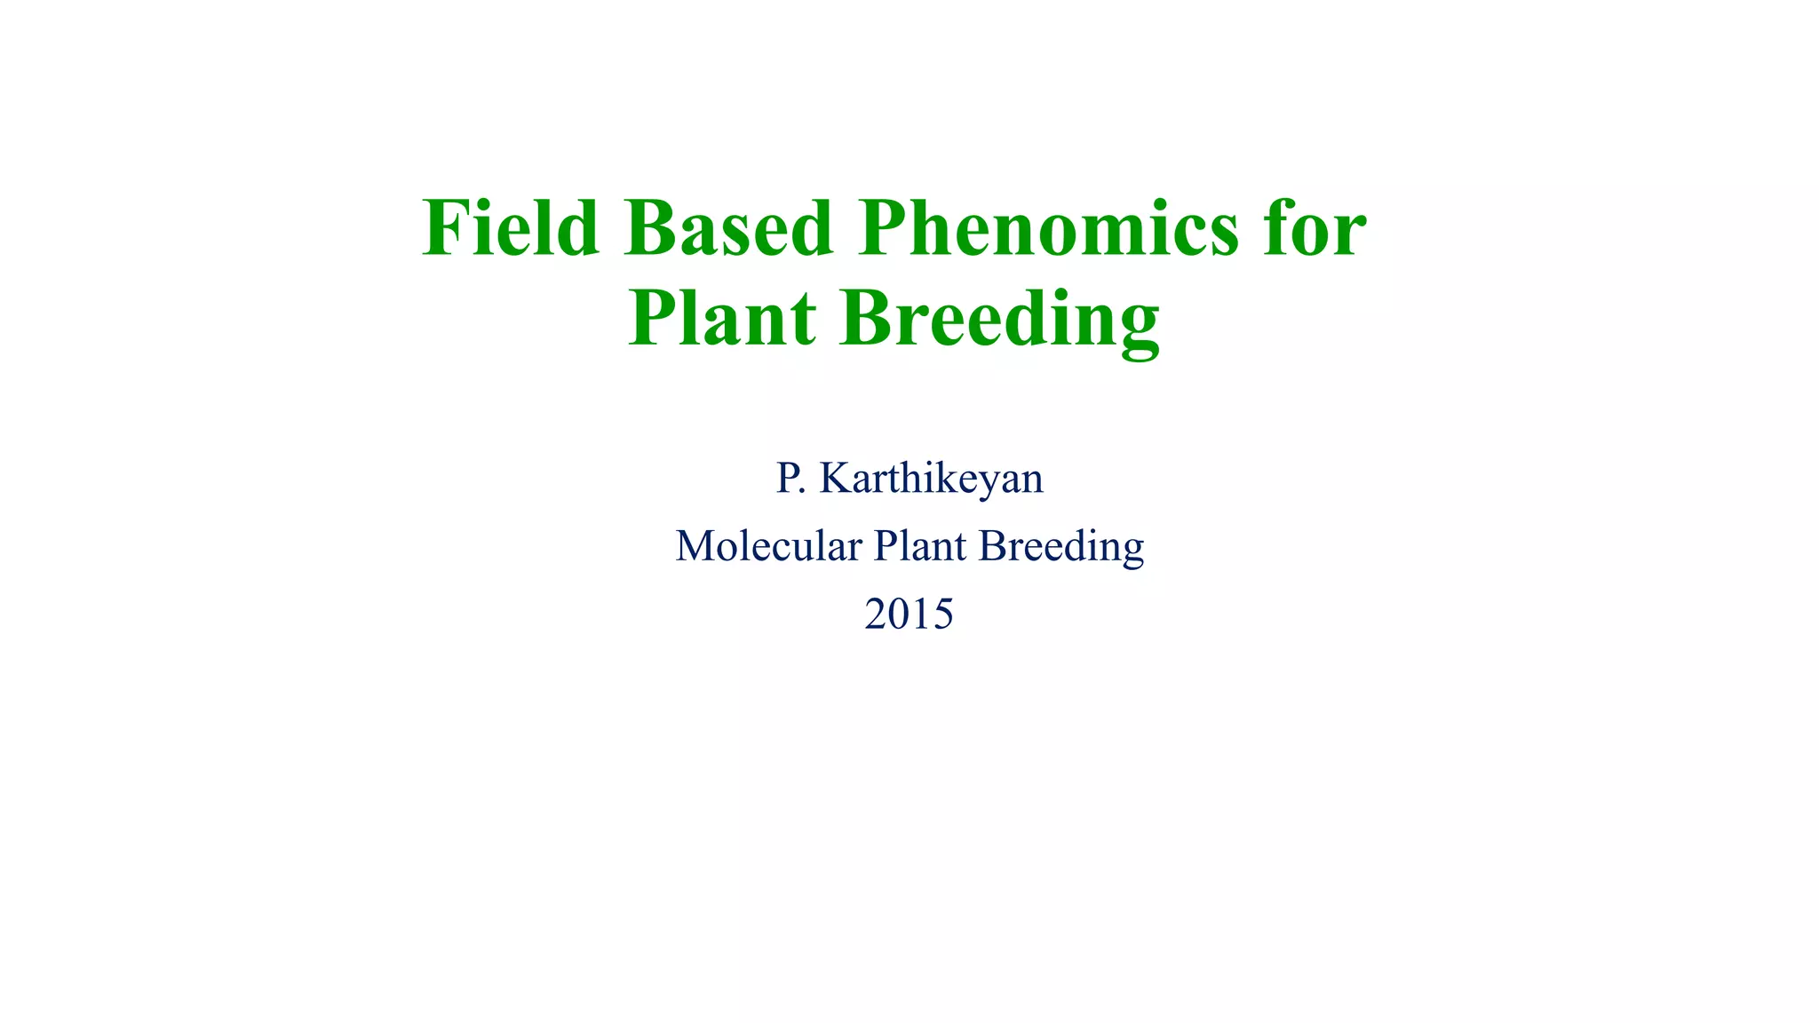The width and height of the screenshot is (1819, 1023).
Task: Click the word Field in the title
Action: click(510, 229)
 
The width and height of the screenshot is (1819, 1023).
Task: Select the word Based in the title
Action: click(728, 229)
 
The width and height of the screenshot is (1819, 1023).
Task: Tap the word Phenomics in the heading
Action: click(1048, 229)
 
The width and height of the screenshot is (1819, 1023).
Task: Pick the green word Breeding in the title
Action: click(1000, 320)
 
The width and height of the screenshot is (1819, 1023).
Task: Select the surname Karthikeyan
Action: click(931, 479)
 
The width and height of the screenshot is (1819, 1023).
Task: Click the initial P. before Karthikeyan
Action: click(790, 479)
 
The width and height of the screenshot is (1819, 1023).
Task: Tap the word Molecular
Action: click(768, 546)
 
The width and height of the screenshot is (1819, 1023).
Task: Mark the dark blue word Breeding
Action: click(1060, 546)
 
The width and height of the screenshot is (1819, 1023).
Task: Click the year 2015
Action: click(909, 614)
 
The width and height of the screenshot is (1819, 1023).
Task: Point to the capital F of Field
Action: click(444, 229)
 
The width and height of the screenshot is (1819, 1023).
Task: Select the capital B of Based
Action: click(652, 229)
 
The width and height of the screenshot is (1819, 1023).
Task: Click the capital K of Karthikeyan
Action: click(836, 479)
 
